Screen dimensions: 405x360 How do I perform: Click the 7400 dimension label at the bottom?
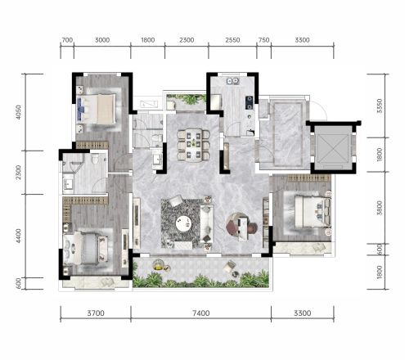201,313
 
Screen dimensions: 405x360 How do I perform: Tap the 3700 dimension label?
96,313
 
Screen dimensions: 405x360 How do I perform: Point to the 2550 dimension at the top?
232,40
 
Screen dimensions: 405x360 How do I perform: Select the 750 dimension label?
263,40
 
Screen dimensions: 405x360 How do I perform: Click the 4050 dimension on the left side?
18,112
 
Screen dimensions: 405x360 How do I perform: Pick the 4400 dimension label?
18,236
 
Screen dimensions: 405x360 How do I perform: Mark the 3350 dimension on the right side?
380,106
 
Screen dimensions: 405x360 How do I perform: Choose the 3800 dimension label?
380,208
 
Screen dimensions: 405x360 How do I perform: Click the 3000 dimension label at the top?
102,40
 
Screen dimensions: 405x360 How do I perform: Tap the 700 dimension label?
67,40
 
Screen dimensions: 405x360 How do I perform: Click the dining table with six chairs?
194,144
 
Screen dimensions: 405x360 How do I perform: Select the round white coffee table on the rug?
183,223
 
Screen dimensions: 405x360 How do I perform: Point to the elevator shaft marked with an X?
333,147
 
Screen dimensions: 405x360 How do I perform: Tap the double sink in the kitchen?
233,81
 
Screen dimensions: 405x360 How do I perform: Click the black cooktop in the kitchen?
249,102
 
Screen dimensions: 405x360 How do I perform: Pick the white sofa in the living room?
207,224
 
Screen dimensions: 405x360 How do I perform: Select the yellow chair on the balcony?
158,265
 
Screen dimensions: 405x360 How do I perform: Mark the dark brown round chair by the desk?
253,228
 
